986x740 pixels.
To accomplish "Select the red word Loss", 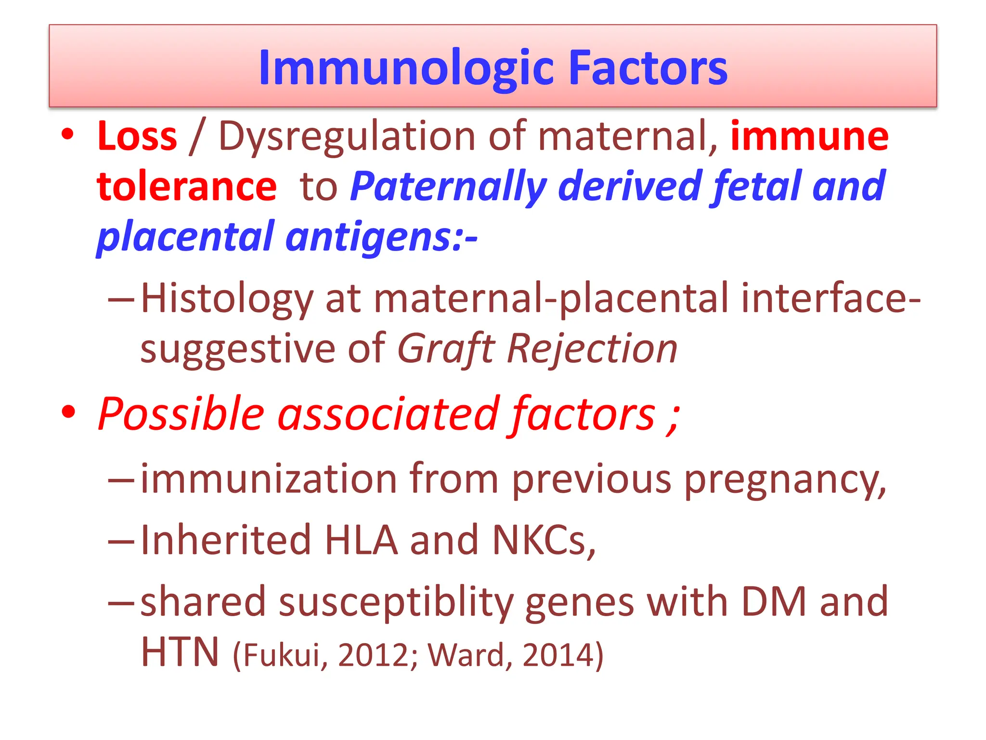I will pyautogui.click(x=137, y=136).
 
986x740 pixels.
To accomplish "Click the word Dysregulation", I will pyautogui.click(x=347, y=137).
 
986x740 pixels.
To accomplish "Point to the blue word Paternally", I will pyautogui.click(x=448, y=187).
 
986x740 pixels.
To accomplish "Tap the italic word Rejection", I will pyautogui.click(x=592, y=349).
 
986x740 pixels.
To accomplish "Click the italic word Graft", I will pyautogui.click(x=446, y=349).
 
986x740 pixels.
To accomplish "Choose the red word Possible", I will pyautogui.click(x=181, y=414).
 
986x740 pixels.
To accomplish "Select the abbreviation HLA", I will pyautogui.click(x=361, y=540).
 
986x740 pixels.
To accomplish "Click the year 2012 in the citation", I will pyautogui.click(x=374, y=655).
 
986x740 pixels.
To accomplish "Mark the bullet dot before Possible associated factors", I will pyautogui.click(x=69, y=412).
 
